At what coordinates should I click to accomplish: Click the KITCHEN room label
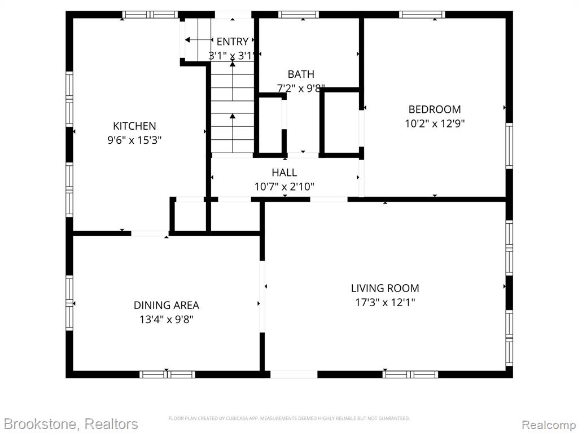(134, 126)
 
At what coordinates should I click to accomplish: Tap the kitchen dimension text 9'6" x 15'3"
(134, 140)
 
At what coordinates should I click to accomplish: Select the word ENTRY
(232, 41)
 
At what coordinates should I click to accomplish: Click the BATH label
(301, 74)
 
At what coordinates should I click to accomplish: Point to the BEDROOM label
(435, 109)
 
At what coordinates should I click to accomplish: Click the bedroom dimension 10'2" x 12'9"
(435, 123)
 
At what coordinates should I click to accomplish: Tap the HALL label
(284, 173)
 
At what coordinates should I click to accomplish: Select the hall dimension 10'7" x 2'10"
(284, 187)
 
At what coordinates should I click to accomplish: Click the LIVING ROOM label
(385, 288)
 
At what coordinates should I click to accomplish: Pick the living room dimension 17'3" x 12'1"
(385, 303)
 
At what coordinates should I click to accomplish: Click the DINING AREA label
(167, 305)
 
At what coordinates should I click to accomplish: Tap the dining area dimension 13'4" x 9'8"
(167, 320)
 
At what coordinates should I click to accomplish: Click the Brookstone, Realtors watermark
(71, 424)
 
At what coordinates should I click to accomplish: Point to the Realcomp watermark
(549, 425)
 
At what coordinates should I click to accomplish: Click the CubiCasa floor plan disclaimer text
(289, 418)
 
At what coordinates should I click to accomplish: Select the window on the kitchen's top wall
(150, 15)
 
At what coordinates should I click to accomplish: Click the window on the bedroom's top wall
(422, 15)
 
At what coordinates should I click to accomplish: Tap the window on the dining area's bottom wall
(167, 374)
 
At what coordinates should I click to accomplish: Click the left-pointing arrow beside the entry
(199, 40)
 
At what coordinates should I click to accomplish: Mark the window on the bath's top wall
(299, 15)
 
